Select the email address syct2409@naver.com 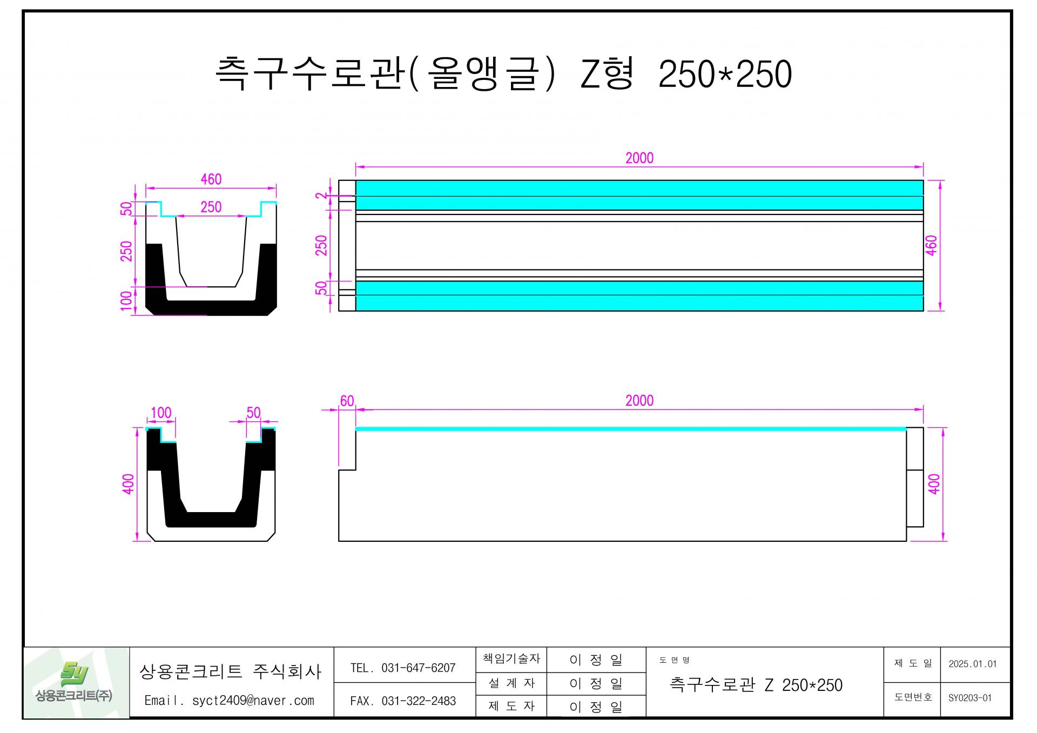pyautogui.click(x=253, y=701)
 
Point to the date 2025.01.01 pyautogui.click(x=972, y=664)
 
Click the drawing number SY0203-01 pyautogui.click(x=970, y=698)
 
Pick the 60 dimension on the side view pyautogui.click(x=347, y=401)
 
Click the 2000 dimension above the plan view pyautogui.click(x=639, y=158)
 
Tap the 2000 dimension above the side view pyautogui.click(x=639, y=400)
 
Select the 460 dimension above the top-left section pyautogui.click(x=211, y=179)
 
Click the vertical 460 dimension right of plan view pyautogui.click(x=932, y=245)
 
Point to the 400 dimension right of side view pyautogui.click(x=934, y=483)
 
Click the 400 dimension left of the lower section pyautogui.click(x=128, y=483)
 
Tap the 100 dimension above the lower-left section pyautogui.click(x=161, y=413)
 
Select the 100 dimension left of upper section pyautogui.click(x=126, y=301)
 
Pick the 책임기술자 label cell pyautogui.click(x=511, y=658)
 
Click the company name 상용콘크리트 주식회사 pyautogui.click(x=230, y=671)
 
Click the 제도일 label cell pyautogui.click(x=912, y=663)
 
